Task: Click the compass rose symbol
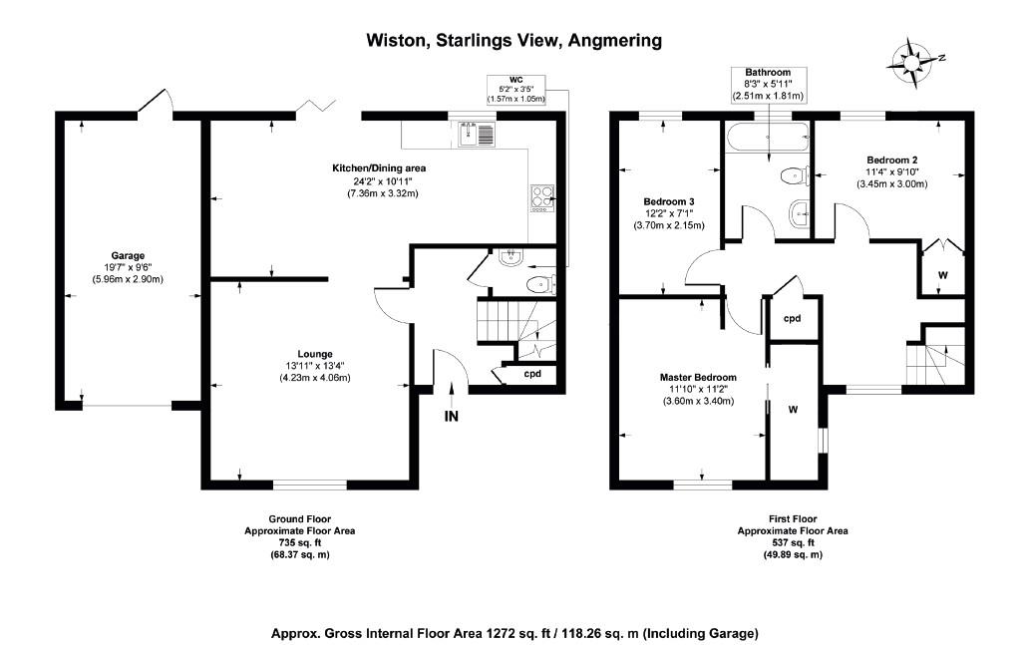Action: click(914, 63)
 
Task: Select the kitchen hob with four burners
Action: click(542, 198)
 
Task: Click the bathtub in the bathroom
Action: click(768, 138)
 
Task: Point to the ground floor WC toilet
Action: click(539, 285)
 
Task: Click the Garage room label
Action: click(128, 256)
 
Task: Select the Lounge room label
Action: click(315, 355)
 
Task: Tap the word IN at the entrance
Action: click(451, 416)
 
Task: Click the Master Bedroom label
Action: click(698, 377)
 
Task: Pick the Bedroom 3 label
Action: click(669, 202)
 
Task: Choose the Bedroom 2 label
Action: click(892, 161)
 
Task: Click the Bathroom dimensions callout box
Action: click(769, 85)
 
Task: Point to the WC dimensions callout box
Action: click(516, 90)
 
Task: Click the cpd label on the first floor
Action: click(792, 319)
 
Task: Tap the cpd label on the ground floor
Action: click(532, 374)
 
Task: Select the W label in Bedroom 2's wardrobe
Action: click(942, 275)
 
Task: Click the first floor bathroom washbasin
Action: click(799, 213)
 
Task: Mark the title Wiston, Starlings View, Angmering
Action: click(514, 41)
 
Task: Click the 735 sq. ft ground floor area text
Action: click(300, 542)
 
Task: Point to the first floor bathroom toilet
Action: click(795, 175)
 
